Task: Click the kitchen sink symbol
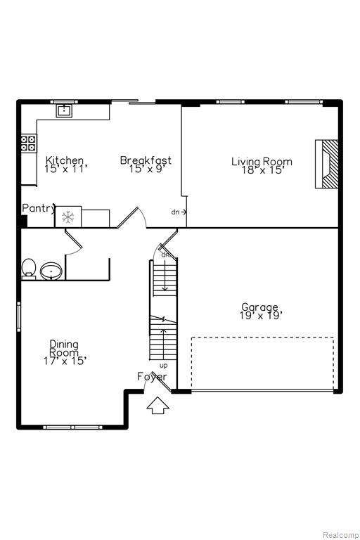(x=65, y=110)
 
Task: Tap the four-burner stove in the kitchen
(x=28, y=143)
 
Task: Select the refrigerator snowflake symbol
(x=68, y=217)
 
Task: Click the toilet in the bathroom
(x=29, y=269)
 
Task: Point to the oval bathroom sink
(x=51, y=271)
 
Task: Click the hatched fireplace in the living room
(x=327, y=164)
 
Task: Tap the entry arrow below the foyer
(x=157, y=405)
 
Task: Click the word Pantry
(x=39, y=208)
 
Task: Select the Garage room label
(x=259, y=307)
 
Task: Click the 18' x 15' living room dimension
(x=262, y=169)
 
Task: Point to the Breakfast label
(x=146, y=160)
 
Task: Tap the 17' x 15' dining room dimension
(x=65, y=361)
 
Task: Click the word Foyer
(x=152, y=377)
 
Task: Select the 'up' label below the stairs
(x=164, y=366)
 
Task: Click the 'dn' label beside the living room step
(x=175, y=212)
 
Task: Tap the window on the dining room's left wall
(x=18, y=317)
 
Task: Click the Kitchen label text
(x=65, y=160)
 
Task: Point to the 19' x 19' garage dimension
(x=261, y=316)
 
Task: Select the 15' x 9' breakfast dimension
(x=145, y=169)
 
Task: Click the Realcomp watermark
(x=340, y=535)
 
